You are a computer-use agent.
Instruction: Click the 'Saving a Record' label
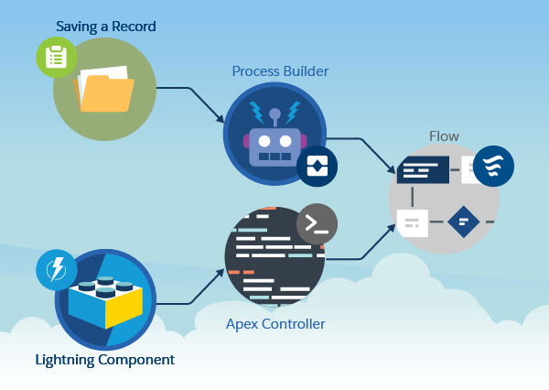[106, 27]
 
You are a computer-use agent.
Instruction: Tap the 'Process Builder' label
[280, 71]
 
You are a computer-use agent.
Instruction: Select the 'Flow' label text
[444, 136]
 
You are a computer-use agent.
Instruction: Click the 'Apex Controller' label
[275, 324]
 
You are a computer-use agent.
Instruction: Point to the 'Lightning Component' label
[104, 360]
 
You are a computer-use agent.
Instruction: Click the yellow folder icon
[104, 90]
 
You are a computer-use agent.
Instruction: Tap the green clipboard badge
[57, 57]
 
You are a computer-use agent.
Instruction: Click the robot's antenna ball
[274, 114]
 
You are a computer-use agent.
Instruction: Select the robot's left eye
[264, 141]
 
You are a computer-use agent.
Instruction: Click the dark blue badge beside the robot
[318, 166]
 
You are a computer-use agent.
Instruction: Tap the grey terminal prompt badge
[317, 224]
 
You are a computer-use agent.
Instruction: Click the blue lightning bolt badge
[57, 270]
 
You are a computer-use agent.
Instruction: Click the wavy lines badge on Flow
[493, 166]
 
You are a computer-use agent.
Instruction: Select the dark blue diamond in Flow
[464, 222]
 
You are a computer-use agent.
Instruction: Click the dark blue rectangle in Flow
[423, 169]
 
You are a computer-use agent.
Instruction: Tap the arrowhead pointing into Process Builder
[221, 118]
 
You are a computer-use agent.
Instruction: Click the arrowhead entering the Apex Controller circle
[221, 273]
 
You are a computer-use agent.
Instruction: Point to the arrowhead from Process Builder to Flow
[392, 168]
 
